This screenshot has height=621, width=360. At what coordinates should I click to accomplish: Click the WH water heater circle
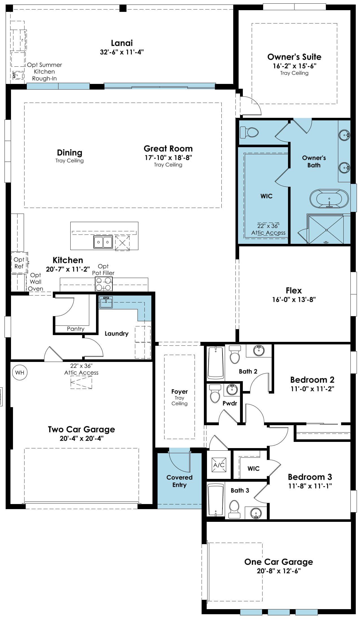point(20,372)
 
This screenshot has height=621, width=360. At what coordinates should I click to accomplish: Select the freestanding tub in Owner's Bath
point(329,199)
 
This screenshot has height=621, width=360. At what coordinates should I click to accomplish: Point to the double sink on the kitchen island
point(103,242)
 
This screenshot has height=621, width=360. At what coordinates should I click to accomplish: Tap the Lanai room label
point(122,43)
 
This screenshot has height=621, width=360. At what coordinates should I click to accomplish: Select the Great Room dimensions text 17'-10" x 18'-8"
point(169,158)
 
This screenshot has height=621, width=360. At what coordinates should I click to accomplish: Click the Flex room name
point(294,290)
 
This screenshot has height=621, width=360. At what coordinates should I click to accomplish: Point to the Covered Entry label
point(180,481)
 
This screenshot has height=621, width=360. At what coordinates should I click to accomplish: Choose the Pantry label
point(76,329)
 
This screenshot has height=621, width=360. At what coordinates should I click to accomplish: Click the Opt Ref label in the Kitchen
point(19,263)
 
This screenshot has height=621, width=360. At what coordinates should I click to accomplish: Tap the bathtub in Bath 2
point(216,363)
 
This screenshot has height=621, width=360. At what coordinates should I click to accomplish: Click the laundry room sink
point(106,302)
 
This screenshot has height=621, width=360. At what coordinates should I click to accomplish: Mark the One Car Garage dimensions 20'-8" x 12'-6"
point(279,571)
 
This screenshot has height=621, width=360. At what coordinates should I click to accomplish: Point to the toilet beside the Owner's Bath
point(249,132)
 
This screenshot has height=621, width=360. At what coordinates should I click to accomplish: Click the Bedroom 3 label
point(310,477)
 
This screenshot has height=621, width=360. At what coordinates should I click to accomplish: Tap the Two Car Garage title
point(81,429)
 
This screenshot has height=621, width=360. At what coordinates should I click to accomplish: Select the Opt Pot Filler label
point(103,270)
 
